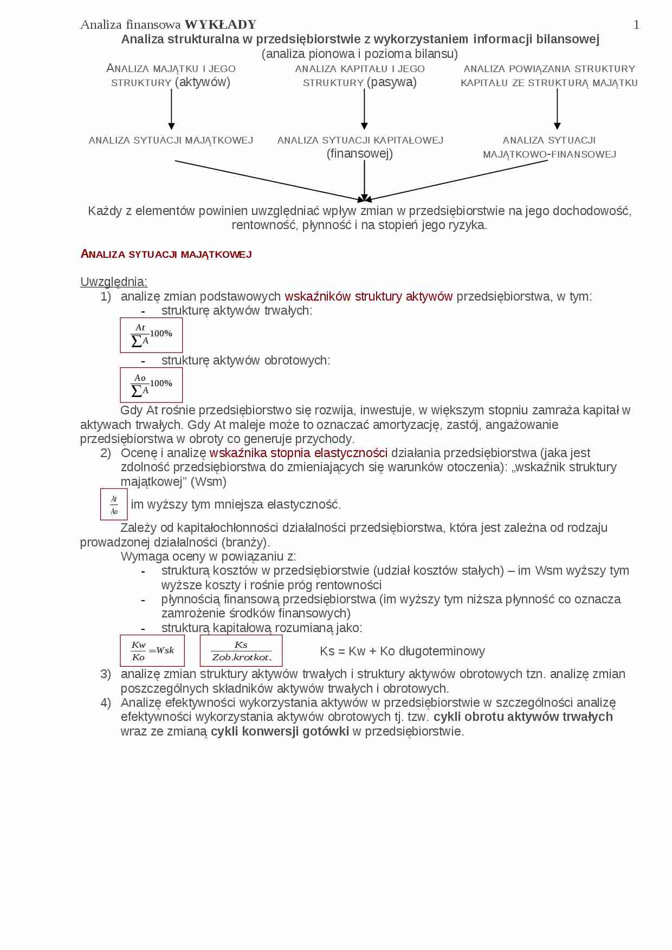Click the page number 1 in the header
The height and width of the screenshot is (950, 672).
point(636,25)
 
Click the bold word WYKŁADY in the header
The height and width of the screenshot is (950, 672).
point(220,25)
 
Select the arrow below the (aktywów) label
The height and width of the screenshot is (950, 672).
point(171,109)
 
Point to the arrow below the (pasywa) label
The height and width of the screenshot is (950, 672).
point(364,109)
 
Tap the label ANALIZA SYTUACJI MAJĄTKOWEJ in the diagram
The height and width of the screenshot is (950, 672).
point(171,140)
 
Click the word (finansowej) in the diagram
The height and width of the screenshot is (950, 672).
point(359,154)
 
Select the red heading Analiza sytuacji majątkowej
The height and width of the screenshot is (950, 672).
point(166,254)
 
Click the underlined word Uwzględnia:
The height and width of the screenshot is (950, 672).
point(114,282)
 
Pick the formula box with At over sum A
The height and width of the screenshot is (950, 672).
point(151,335)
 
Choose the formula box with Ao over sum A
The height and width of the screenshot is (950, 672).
point(151,385)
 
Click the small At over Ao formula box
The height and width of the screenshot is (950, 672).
point(114,504)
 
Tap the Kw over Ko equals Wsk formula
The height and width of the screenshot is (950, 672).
point(152,650)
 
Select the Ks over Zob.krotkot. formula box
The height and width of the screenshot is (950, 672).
point(241,650)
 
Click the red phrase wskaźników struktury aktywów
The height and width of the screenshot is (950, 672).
point(369,296)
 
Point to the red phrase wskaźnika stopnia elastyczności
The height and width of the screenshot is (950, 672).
point(298,453)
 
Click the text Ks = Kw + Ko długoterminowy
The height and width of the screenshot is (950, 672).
point(402,651)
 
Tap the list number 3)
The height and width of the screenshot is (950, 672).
point(106,674)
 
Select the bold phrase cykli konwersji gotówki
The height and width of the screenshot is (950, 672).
point(280,731)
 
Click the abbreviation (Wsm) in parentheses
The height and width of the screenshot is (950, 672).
point(209,481)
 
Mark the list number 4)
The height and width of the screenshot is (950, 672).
point(106,703)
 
